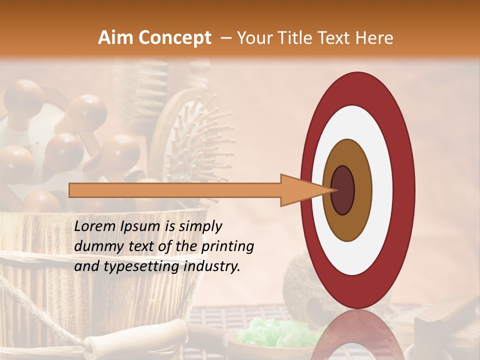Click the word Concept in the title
(174, 38)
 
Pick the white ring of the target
(380, 190)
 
